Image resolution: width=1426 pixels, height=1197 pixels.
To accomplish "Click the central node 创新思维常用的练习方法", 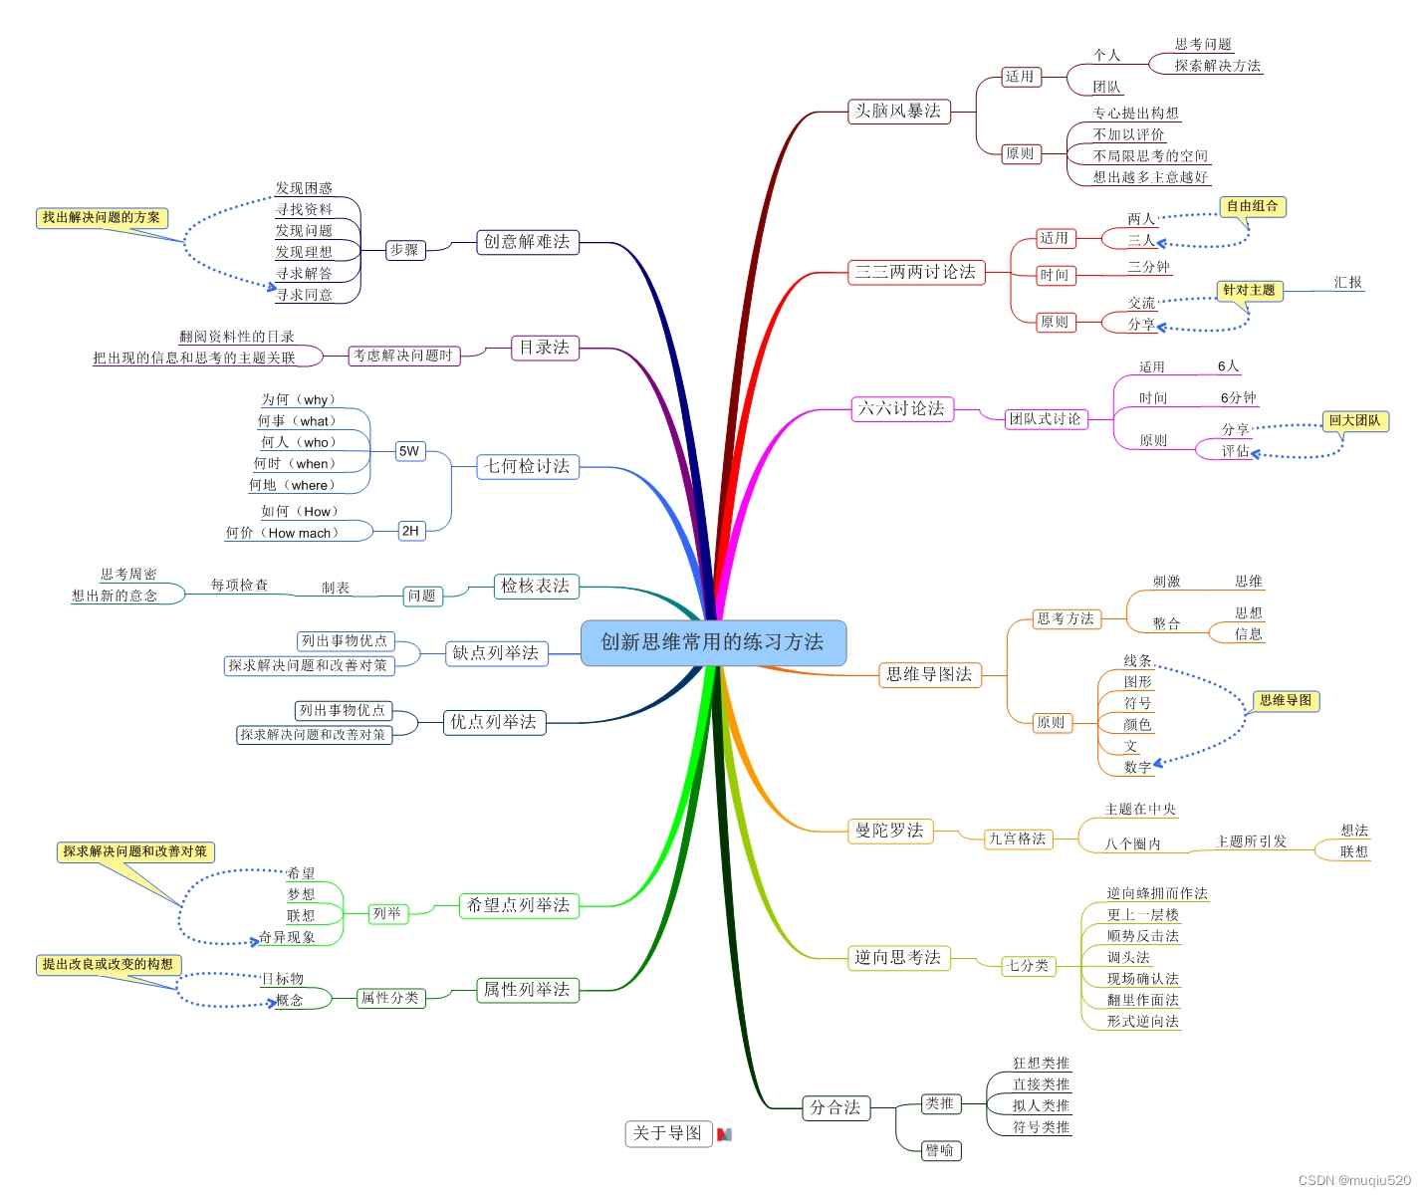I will [x=713, y=642].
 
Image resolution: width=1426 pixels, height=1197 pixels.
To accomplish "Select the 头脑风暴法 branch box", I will [x=898, y=112].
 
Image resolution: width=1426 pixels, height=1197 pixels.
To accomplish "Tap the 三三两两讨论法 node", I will [x=916, y=273].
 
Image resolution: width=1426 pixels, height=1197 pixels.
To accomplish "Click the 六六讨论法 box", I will [x=902, y=408].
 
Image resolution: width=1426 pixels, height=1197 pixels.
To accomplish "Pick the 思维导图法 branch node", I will [x=929, y=675].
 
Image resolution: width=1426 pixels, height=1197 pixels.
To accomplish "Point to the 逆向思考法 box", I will [x=898, y=958].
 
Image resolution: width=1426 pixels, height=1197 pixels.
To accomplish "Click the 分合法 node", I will [x=835, y=1107].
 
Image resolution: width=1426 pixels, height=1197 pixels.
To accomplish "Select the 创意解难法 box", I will [x=527, y=242].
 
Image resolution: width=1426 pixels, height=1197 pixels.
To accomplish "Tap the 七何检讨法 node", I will [x=528, y=466].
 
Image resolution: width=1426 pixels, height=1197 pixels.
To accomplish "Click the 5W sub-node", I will [x=409, y=451].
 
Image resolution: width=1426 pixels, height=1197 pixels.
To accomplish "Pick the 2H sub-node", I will [x=410, y=531].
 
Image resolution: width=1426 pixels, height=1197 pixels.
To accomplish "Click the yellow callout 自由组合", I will [x=1253, y=206].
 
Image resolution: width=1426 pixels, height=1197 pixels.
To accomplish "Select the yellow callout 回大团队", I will [x=1354, y=420].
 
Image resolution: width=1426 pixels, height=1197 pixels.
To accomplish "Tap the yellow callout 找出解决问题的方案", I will [x=101, y=217].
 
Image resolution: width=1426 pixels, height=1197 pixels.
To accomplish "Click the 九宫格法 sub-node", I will [x=1018, y=839].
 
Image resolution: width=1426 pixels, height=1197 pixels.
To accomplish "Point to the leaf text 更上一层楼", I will [x=1143, y=915].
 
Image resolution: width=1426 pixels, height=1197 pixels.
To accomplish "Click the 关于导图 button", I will [x=667, y=1133].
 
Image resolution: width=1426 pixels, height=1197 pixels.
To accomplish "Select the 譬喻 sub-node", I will [x=940, y=1150].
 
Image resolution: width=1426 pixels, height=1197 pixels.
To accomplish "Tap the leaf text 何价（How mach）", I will [x=283, y=533].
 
